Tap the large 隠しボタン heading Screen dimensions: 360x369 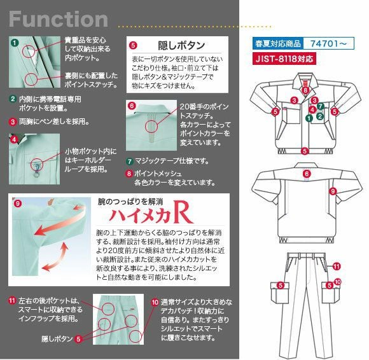click(x=181, y=45)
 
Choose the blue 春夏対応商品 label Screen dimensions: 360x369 click(x=277, y=45)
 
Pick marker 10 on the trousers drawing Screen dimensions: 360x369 click(x=338, y=280)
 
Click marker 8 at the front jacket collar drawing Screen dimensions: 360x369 click(x=306, y=91)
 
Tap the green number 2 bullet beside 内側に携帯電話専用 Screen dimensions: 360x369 click(x=13, y=99)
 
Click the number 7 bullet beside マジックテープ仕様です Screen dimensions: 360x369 click(x=130, y=161)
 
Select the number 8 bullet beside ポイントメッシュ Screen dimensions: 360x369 click(x=130, y=173)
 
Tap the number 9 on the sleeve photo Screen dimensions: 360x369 click(x=18, y=204)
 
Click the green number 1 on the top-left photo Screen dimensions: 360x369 click(x=15, y=43)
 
